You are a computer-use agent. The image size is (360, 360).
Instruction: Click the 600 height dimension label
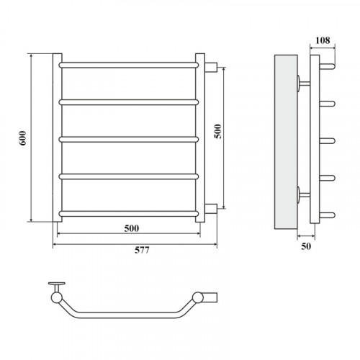coord(22,138)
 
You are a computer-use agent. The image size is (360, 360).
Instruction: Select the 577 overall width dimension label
coord(142,250)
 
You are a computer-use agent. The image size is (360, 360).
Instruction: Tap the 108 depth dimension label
coord(323,40)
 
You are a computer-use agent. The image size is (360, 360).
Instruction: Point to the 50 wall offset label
coord(306,246)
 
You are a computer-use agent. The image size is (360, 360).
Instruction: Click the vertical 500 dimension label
coord(218,131)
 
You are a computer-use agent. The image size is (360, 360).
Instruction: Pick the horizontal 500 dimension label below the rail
coord(132,228)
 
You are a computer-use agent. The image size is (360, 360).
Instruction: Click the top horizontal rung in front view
coord(129,65)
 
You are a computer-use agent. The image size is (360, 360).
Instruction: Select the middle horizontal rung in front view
coord(129,140)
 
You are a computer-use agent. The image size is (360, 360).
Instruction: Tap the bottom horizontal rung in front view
coord(129,214)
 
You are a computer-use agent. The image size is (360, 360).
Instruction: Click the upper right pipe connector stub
coord(211,67)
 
